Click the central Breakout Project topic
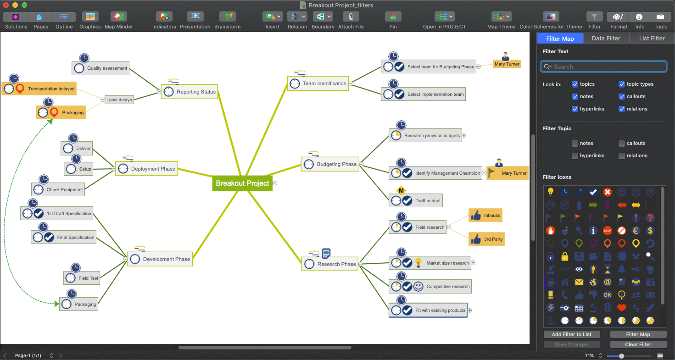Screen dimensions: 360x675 (x=242, y=183)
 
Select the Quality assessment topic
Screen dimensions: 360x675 (x=107, y=68)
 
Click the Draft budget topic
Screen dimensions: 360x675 (x=428, y=201)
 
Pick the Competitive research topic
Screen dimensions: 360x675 (x=447, y=287)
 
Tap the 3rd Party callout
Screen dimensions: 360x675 (x=493, y=239)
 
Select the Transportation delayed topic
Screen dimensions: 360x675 (x=51, y=89)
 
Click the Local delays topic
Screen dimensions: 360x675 (x=119, y=100)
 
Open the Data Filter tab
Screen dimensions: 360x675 (x=606, y=39)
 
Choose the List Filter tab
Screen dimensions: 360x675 (x=652, y=39)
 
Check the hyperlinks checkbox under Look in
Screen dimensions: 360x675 (x=575, y=109)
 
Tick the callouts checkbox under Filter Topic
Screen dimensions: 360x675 (x=622, y=144)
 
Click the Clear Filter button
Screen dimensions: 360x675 (x=638, y=344)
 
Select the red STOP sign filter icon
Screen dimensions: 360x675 (x=608, y=231)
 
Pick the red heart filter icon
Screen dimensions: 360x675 (x=622, y=308)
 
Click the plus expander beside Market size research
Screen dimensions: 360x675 (x=474, y=263)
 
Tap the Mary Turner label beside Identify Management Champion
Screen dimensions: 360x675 (x=513, y=173)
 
